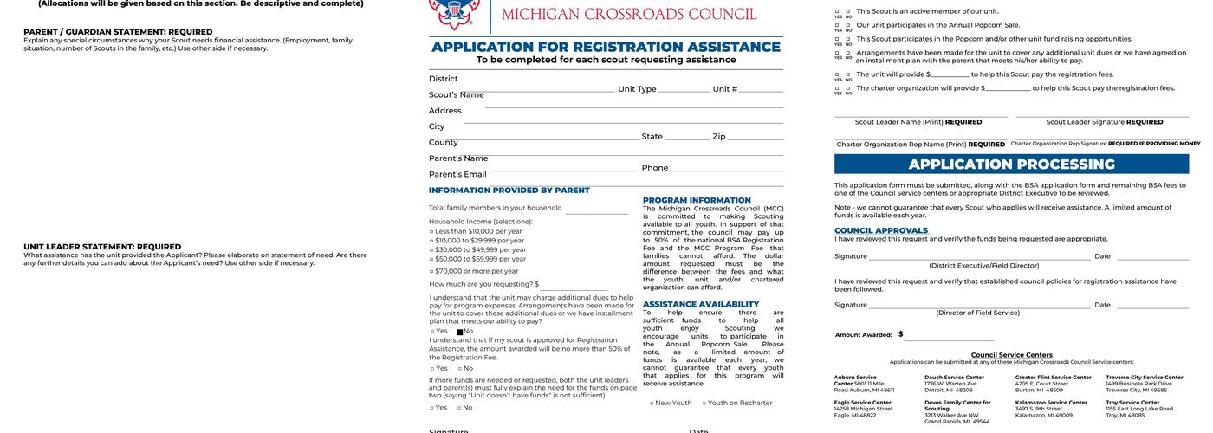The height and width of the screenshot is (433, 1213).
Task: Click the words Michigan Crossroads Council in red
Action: pyautogui.click(x=629, y=15)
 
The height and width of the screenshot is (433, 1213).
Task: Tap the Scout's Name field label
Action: pyautogui.click(x=456, y=94)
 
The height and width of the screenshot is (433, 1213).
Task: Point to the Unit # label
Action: pyautogui.click(x=724, y=89)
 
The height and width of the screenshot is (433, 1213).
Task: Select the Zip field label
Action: pyautogui.click(x=719, y=137)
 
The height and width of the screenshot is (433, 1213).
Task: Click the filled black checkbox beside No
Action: pyautogui.click(x=459, y=332)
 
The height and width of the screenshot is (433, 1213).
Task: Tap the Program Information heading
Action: pyautogui.click(x=697, y=200)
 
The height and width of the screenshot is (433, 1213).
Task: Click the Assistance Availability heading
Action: pyautogui.click(x=700, y=304)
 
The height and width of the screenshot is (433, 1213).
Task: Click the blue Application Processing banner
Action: pyautogui.click(x=1011, y=165)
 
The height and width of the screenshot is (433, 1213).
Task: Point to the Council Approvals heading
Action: pyautogui.click(x=880, y=230)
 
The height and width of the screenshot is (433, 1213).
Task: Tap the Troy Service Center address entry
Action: pyautogui.click(x=1138, y=409)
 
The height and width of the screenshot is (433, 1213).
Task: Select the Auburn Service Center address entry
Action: pyautogui.click(x=864, y=384)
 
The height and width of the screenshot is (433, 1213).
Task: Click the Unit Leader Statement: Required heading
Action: pyautogui.click(x=102, y=247)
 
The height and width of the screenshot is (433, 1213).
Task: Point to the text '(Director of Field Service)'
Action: pyautogui.click(x=977, y=313)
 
